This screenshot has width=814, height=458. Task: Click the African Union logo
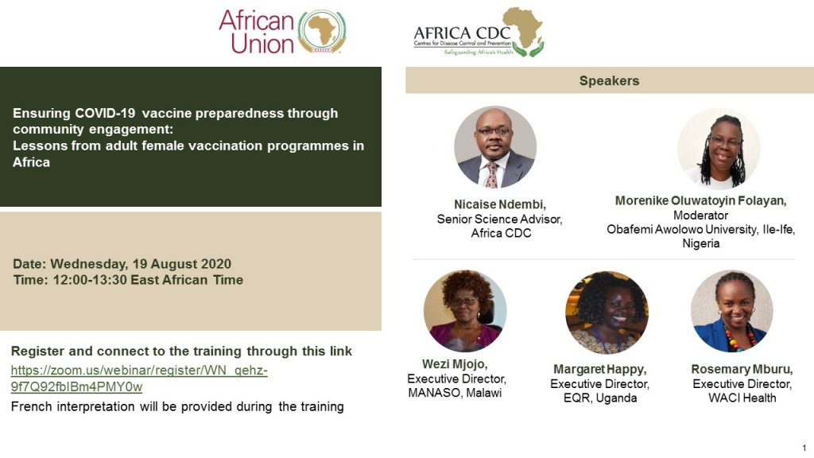(283, 32)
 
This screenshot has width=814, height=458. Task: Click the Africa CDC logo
(479, 32)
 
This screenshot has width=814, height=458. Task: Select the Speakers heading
(609, 80)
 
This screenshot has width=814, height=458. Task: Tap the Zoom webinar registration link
(139, 378)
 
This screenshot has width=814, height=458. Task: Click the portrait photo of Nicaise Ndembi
(494, 147)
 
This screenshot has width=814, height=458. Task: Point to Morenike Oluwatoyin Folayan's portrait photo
(719, 149)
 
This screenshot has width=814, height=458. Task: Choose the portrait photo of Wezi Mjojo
(464, 311)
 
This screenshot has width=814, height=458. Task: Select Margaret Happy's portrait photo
(607, 312)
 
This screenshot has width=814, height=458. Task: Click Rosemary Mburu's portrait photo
(732, 311)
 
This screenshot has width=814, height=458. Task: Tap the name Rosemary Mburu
(742, 369)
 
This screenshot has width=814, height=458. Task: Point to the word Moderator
(700, 215)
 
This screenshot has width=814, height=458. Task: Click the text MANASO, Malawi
(455, 393)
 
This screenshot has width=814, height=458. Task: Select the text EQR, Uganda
(599, 398)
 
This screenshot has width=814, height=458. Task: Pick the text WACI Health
(742, 398)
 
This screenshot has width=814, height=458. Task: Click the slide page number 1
(804, 448)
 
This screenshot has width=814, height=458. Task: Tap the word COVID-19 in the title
(105, 113)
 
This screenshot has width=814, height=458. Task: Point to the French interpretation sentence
(177, 406)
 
